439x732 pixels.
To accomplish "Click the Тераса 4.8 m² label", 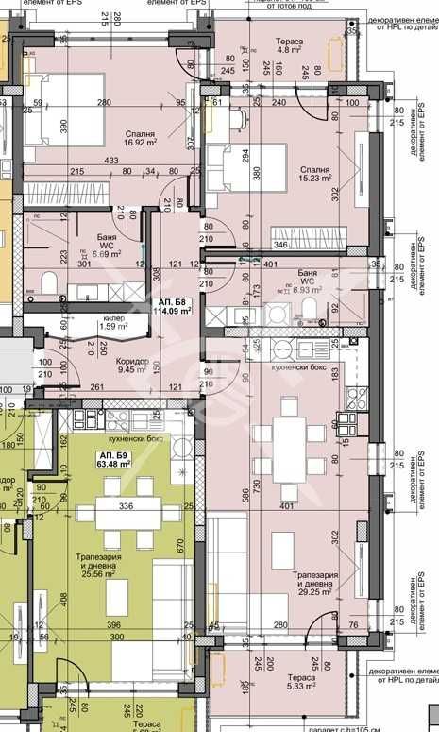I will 288,49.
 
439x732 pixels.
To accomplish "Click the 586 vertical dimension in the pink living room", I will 244,493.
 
